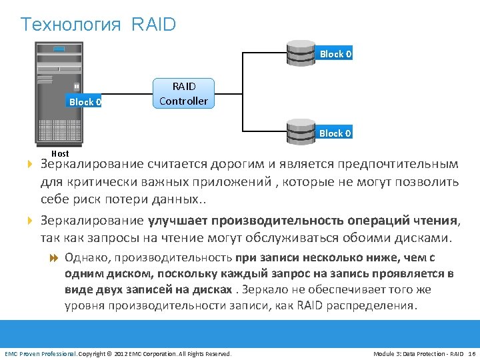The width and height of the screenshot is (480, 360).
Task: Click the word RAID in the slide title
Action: point(154,25)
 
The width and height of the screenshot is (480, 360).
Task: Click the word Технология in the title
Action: point(71,25)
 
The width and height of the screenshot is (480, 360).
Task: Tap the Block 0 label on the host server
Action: point(85,102)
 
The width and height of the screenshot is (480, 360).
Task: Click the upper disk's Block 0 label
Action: point(335,54)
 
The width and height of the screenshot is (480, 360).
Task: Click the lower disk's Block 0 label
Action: point(335,133)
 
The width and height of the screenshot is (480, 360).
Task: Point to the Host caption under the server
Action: point(60,153)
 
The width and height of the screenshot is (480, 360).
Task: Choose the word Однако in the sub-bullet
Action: point(88,257)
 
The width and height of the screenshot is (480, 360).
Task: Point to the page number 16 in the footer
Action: point(471,353)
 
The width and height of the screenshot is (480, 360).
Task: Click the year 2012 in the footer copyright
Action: point(123,353)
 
